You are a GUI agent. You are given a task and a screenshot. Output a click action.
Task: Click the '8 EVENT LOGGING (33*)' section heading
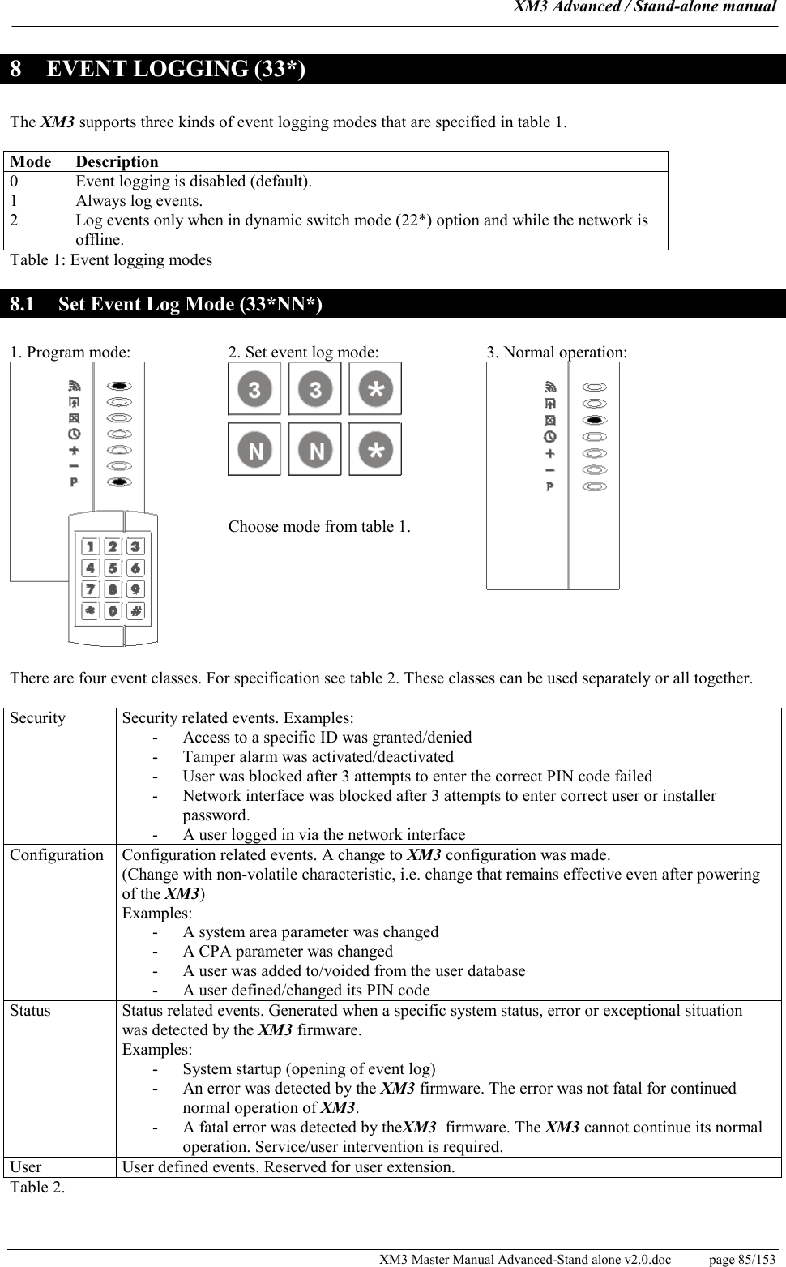(158, 70)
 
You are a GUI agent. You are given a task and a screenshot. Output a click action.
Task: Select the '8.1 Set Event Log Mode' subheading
(166, 305)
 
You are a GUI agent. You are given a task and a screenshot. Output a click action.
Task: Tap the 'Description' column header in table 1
(117, 161)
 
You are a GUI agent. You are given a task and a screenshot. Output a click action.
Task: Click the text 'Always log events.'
(139, 201)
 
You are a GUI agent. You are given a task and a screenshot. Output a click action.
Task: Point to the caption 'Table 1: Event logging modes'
(111, 260)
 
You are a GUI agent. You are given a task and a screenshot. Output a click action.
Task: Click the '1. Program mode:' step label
(70, 353)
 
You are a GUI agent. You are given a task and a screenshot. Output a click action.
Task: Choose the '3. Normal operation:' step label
(557, 353)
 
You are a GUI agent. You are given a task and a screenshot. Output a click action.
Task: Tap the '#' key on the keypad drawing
(135, 610)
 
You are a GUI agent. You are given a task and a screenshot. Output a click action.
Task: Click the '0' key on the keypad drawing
(113, 610)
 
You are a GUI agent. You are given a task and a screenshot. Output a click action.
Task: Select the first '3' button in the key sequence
(254, 389)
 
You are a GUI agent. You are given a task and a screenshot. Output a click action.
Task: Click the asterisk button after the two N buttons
(375, 449)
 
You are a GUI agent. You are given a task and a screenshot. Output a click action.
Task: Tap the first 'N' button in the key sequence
(254, 449)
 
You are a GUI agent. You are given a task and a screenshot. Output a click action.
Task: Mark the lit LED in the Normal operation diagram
(595, 420)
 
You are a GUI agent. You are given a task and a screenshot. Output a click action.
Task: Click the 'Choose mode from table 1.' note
(319, 527)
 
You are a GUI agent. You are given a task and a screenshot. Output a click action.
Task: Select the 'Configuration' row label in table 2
(57, 855)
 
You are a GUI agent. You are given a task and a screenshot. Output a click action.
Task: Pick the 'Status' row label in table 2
(31, 1011)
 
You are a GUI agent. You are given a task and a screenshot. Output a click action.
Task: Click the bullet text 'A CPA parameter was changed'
(288, 952)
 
